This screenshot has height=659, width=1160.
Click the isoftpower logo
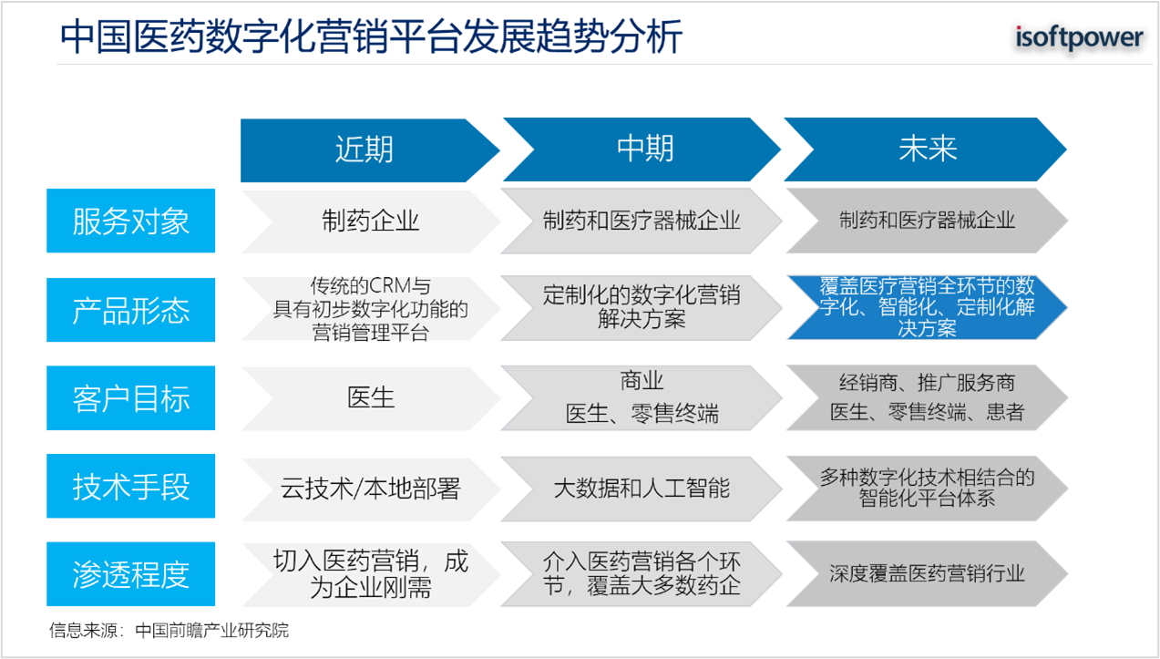click(x=1079, y=37)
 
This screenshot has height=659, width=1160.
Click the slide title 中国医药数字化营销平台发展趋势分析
click(x=371, y=36)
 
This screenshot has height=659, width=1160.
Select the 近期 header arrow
click(x=370, y=150)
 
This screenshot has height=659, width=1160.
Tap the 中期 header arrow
click(x=642, y=149)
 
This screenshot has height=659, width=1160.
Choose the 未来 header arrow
click(x=926, y=149)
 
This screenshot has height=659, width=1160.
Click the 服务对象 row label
click(x=131, y=221)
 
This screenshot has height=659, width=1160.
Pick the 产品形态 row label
click(x=131, y=310)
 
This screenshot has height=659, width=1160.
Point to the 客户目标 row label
click(x=131, y=398)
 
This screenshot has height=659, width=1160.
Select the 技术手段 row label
click(x=131, y=486)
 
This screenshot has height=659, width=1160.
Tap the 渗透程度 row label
click(x=131, y=574)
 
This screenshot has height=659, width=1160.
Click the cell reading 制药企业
click(x=371, y=221)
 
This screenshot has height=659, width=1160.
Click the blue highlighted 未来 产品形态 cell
click(x=927, y=307)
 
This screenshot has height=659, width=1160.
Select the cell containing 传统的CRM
click(x=371, y=309)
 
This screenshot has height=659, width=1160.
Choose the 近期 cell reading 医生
click(x=371, y=398)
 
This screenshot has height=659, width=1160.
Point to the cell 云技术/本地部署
click(x=371, y=489)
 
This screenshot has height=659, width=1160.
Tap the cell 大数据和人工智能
click(x=642, y=489)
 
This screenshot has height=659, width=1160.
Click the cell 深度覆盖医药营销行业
click(x=927, y=573)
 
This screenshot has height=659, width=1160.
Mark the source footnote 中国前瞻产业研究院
click(x=211, y=631)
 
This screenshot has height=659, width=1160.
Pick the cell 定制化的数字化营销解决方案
click(x=642, y=308)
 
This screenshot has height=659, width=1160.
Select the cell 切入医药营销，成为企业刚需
click(x=371, y=574)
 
